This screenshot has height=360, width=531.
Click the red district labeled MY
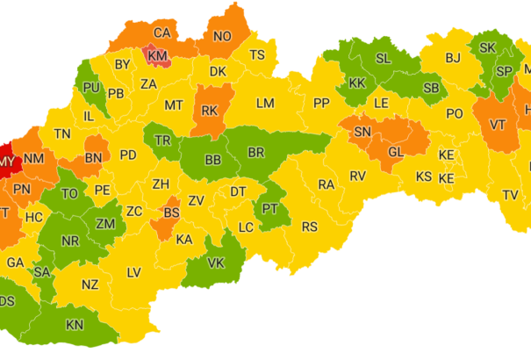pyautogui.click(x=7, y=162)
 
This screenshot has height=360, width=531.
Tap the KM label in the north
pyautogui.click(x=158, y=56)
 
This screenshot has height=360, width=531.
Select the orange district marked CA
pyautogui.click(x=161, y=33)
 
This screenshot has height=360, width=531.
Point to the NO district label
pyautogui.click(x=222, y=36)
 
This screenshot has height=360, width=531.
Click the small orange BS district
pyautogui.click(x=171, y=212)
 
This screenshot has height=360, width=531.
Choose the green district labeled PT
pyautogui.click(x=269, y=208)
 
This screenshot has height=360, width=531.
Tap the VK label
pyautogui.click(x=216, y=263)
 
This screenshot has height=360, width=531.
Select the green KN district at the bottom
pyautogui.click(x=75, y=325)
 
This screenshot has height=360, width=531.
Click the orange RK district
pyautogui.click(x=209, y=111)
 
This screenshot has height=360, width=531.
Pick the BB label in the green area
pyautogui.click(x=212, y=160)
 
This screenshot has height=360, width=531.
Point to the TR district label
pyautogui.click(x=163, y=140)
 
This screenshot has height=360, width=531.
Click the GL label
pyautogui.click(x=396, y=151)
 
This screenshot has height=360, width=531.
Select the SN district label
pyautogui.click(x=362, y=132)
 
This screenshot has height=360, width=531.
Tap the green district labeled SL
pyautogui.click(x=383, y=58)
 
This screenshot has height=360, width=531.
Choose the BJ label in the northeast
pyautogui.click(x=453, y=58)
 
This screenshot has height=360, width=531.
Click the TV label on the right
pyautogui.click(x=510, y=194)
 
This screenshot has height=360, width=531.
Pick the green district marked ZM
pyautogui.click(x=105, y=225)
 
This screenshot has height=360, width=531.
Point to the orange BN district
pyautogui.click(x=92, y=160)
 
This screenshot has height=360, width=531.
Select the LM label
pyautogui.click(x=265, y=103)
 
